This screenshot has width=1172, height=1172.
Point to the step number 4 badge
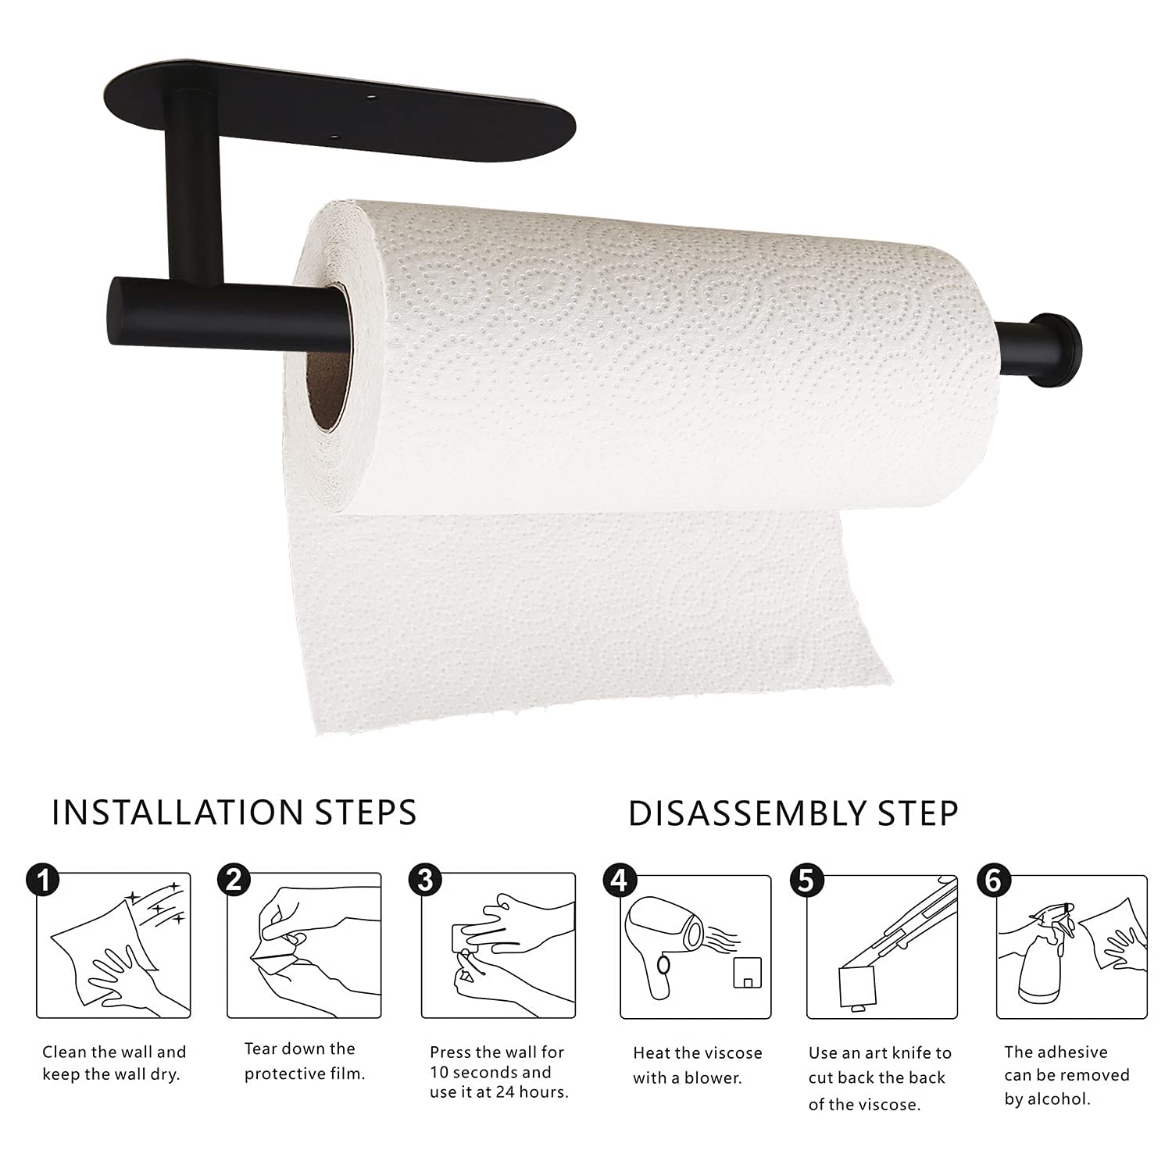click(619, 880)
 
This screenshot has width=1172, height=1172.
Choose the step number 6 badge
click(993, 880)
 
